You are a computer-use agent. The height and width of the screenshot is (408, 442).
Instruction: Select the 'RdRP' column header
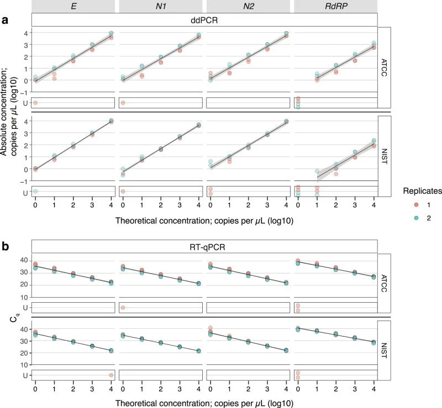[335, 6]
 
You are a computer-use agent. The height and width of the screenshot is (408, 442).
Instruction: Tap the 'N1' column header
[161, 6]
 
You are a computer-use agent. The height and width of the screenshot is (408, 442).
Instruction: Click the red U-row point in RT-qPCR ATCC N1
[123, 308]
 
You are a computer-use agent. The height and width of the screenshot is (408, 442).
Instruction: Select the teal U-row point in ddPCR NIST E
[35, 192]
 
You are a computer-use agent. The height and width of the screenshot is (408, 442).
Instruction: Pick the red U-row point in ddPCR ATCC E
[35, 103]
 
